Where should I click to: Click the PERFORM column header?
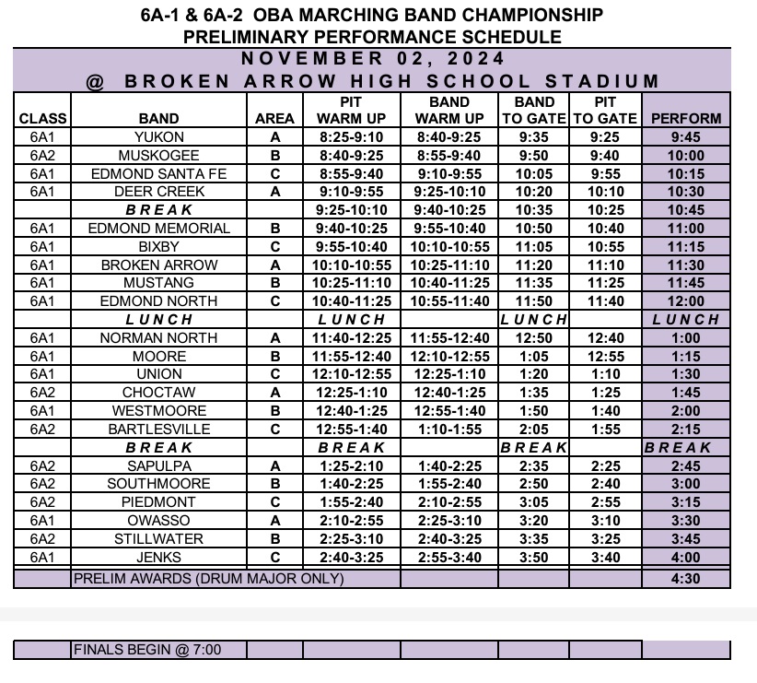click(685, 119)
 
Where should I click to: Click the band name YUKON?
click(158, 137)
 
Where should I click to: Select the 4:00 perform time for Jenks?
click(685, 557)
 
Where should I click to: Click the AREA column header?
click(274, 119)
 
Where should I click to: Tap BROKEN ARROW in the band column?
click(158, 265)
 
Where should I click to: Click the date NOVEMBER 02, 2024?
click(372, 59)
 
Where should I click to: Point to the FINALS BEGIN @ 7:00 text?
click(147, 650)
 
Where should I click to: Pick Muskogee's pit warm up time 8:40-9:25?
click(351, 156)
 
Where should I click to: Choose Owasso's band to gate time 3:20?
click(534, 521)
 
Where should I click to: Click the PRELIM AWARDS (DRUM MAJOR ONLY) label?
click(208, 579)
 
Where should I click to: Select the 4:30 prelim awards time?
click(685, 579)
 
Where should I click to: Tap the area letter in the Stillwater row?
click(274, 539)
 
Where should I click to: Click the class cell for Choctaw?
click(42, 393)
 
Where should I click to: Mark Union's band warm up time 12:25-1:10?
click(449, 374)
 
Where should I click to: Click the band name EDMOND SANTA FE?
click(158, 174)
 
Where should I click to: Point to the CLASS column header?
click(42, 119)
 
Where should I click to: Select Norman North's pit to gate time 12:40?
click(604, 338)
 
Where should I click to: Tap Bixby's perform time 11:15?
click(685, 247)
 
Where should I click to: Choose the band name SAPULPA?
click(158, 466)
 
